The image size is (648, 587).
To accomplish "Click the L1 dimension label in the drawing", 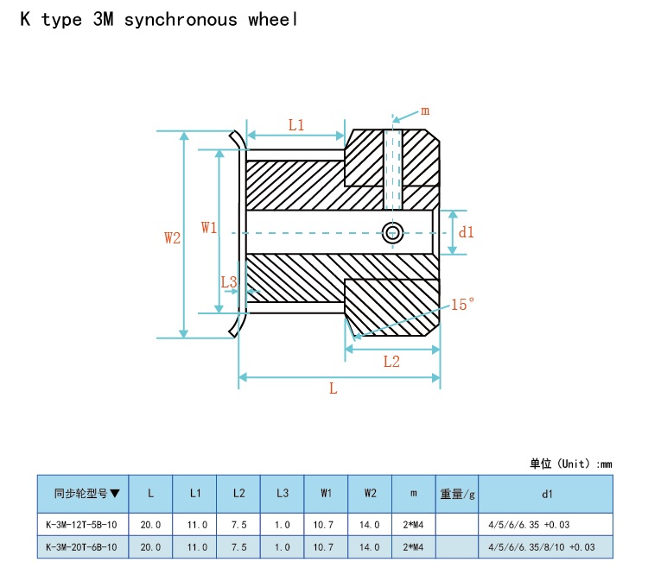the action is [x=295, y=124].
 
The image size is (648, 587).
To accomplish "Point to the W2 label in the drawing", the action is [x=172, y=237].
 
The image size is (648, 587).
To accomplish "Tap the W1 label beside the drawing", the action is [x=209, y=227].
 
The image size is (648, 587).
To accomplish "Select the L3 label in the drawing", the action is [x=229, y=282].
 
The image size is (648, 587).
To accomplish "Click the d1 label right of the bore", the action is [x=467, y=232].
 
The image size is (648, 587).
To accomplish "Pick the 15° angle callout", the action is [x=462, y=305].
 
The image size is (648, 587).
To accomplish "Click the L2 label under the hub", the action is [x=391, y=362].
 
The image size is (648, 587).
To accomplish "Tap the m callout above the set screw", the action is [x=425, y=111].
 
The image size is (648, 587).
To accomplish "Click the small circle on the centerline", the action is [x=392, y=233].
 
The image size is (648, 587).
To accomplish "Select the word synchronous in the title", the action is [x=181, y=20].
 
